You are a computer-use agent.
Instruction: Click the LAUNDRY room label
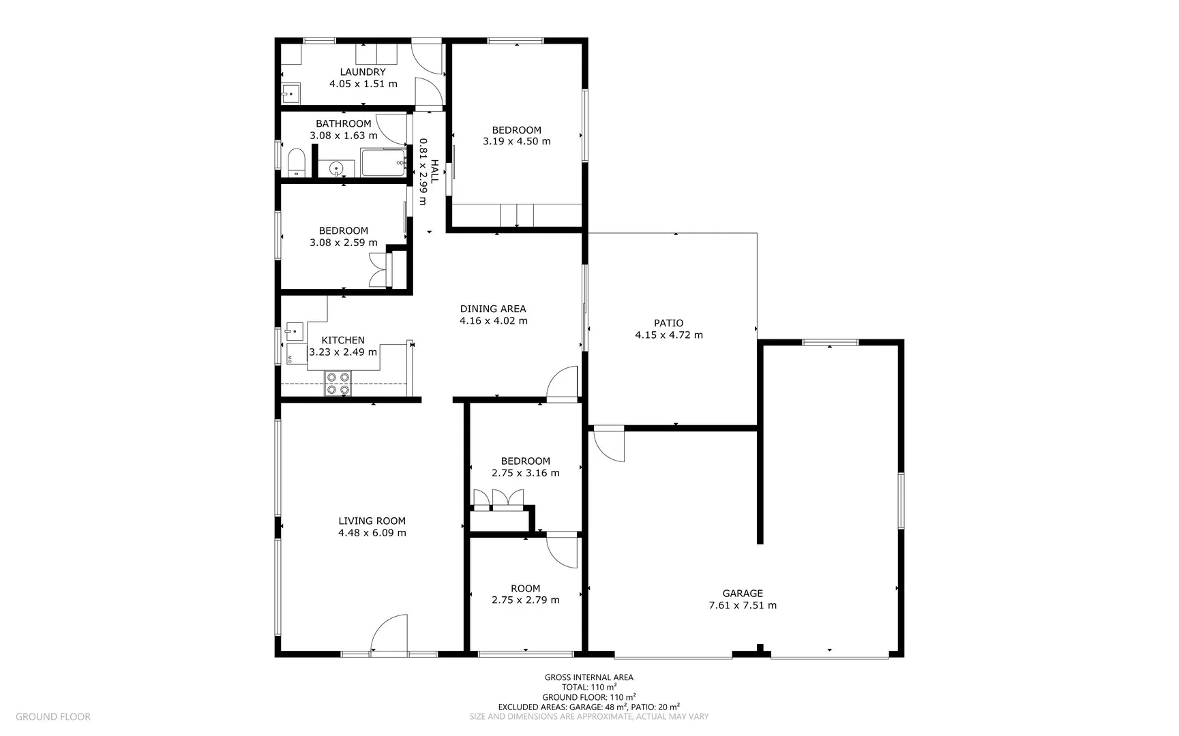pyautogui.click(x=363, y=72)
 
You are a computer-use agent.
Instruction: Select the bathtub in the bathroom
pyautogui.click(x=383, y=163)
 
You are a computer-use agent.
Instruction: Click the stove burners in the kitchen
pyautogui.click(x=338, y=383)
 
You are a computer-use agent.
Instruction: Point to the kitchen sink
pyautogui.click(x=294, y=331)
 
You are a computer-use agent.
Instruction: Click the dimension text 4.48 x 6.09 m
pyautogui.click(x=372, y=533)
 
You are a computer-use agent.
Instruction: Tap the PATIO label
pyautogui.click(x=668, y=323)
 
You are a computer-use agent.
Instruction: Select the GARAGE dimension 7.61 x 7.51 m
pyautogui.click(x=743, y=605)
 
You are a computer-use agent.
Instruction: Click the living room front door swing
pyautogui.click(x=390, y=633)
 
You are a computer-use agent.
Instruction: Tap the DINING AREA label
pyautogui.click(x=493, y=309)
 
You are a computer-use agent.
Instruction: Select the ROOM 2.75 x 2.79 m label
pyautogui.click(x=525, y=589)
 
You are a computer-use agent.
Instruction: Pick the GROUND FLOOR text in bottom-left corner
pyautogui.click(x=53, y=717)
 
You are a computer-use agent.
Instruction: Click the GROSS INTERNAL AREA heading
pyautogui.click(x=589, y=677)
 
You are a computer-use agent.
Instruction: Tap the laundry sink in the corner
pyautogui.click(x=291, y=93)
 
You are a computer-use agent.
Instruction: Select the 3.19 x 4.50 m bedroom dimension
pyautogui.click(x=517, y=142)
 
